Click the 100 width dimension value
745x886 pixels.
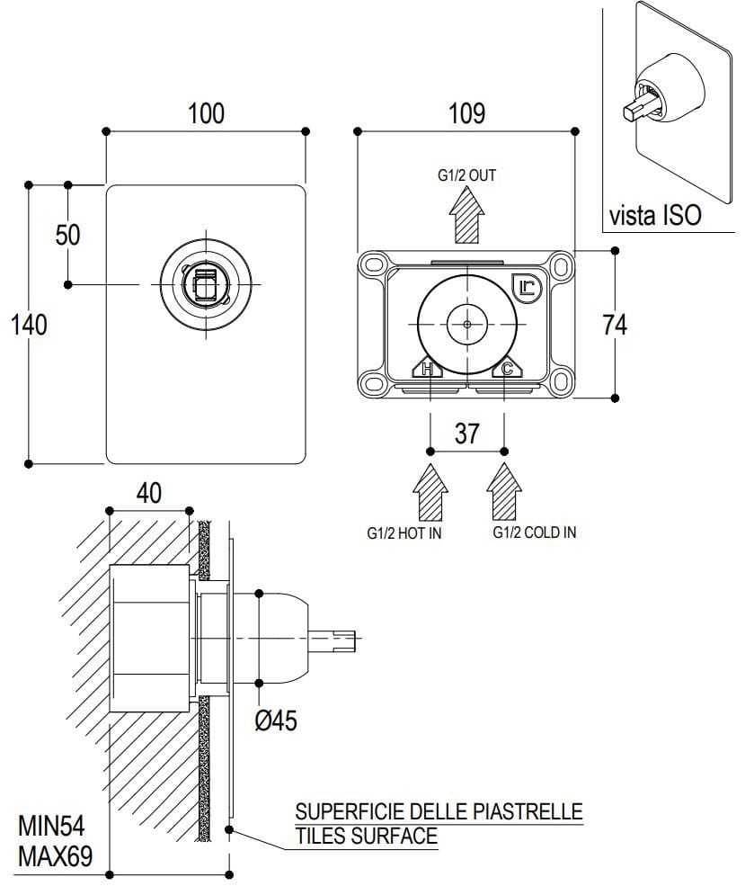click(206, 114)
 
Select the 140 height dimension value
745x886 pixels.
click(29, 325)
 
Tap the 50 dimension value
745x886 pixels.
click(68, 235)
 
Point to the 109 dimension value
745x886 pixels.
click(466, 114)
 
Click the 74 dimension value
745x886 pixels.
click(615, 325)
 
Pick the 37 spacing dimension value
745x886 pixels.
click(466, 434)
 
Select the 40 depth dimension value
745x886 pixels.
click(149, 493)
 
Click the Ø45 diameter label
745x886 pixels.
click(276, 721)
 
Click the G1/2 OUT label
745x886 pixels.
click(466, 176)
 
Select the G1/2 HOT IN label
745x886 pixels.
click(404, 532)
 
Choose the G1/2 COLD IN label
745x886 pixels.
click(534, 532)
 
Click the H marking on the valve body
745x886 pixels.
click(428, 368)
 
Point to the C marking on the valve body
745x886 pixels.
click(507, 368)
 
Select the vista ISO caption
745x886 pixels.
click(654, 216)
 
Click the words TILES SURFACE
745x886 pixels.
click(366, 837)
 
